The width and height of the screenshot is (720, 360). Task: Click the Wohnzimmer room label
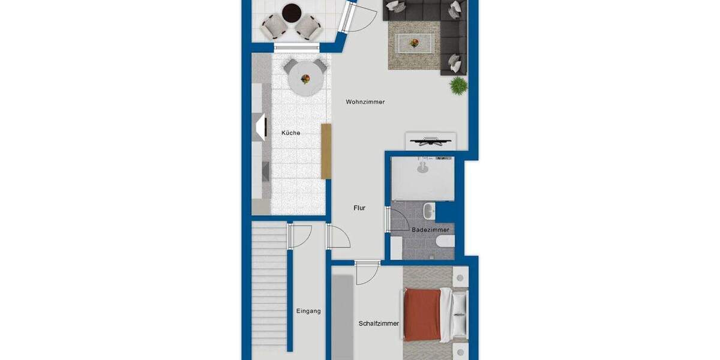click(x=365, y=102)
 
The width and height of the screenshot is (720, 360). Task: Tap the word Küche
click(x=291, y=133)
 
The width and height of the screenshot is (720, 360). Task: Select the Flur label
click(x=359, y=208)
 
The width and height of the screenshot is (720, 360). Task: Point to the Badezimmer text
click(x=430, y=230)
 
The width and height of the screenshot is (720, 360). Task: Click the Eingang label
click(x=308, y=311)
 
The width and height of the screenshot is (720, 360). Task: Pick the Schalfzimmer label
click(x=379, y=323)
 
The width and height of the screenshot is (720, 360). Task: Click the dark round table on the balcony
click(x=292, y=11)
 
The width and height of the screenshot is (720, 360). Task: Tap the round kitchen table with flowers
click(x=305, y=79)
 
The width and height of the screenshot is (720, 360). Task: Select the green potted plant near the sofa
click(x=459, y=85)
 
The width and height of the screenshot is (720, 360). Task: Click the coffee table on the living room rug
click(x=414, y=43)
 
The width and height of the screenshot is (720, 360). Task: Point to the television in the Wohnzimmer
click(x=430, y=142)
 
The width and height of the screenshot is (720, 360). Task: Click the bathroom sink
click(x=428, y=211)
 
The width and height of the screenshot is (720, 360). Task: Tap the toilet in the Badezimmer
click(x=445, y=241)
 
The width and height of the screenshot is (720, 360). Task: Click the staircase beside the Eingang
click(x=268, y=288)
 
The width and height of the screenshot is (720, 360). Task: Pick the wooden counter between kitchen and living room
click(x=326, y=151)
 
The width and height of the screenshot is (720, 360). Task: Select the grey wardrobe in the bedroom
click(x=343, y=315)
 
